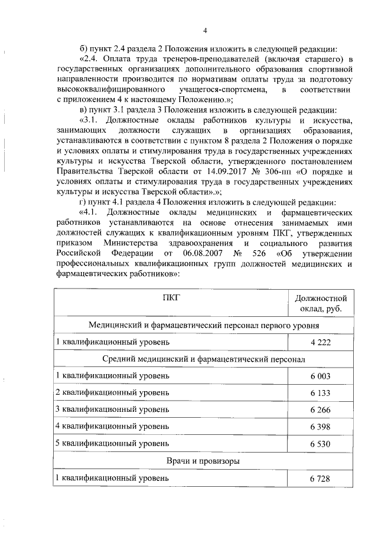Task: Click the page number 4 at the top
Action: pos(204,31)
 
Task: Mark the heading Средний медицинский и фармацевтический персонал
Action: pos(204,359)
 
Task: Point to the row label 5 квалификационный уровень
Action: pos(112,443)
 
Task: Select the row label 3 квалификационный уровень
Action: pos(112,409)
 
